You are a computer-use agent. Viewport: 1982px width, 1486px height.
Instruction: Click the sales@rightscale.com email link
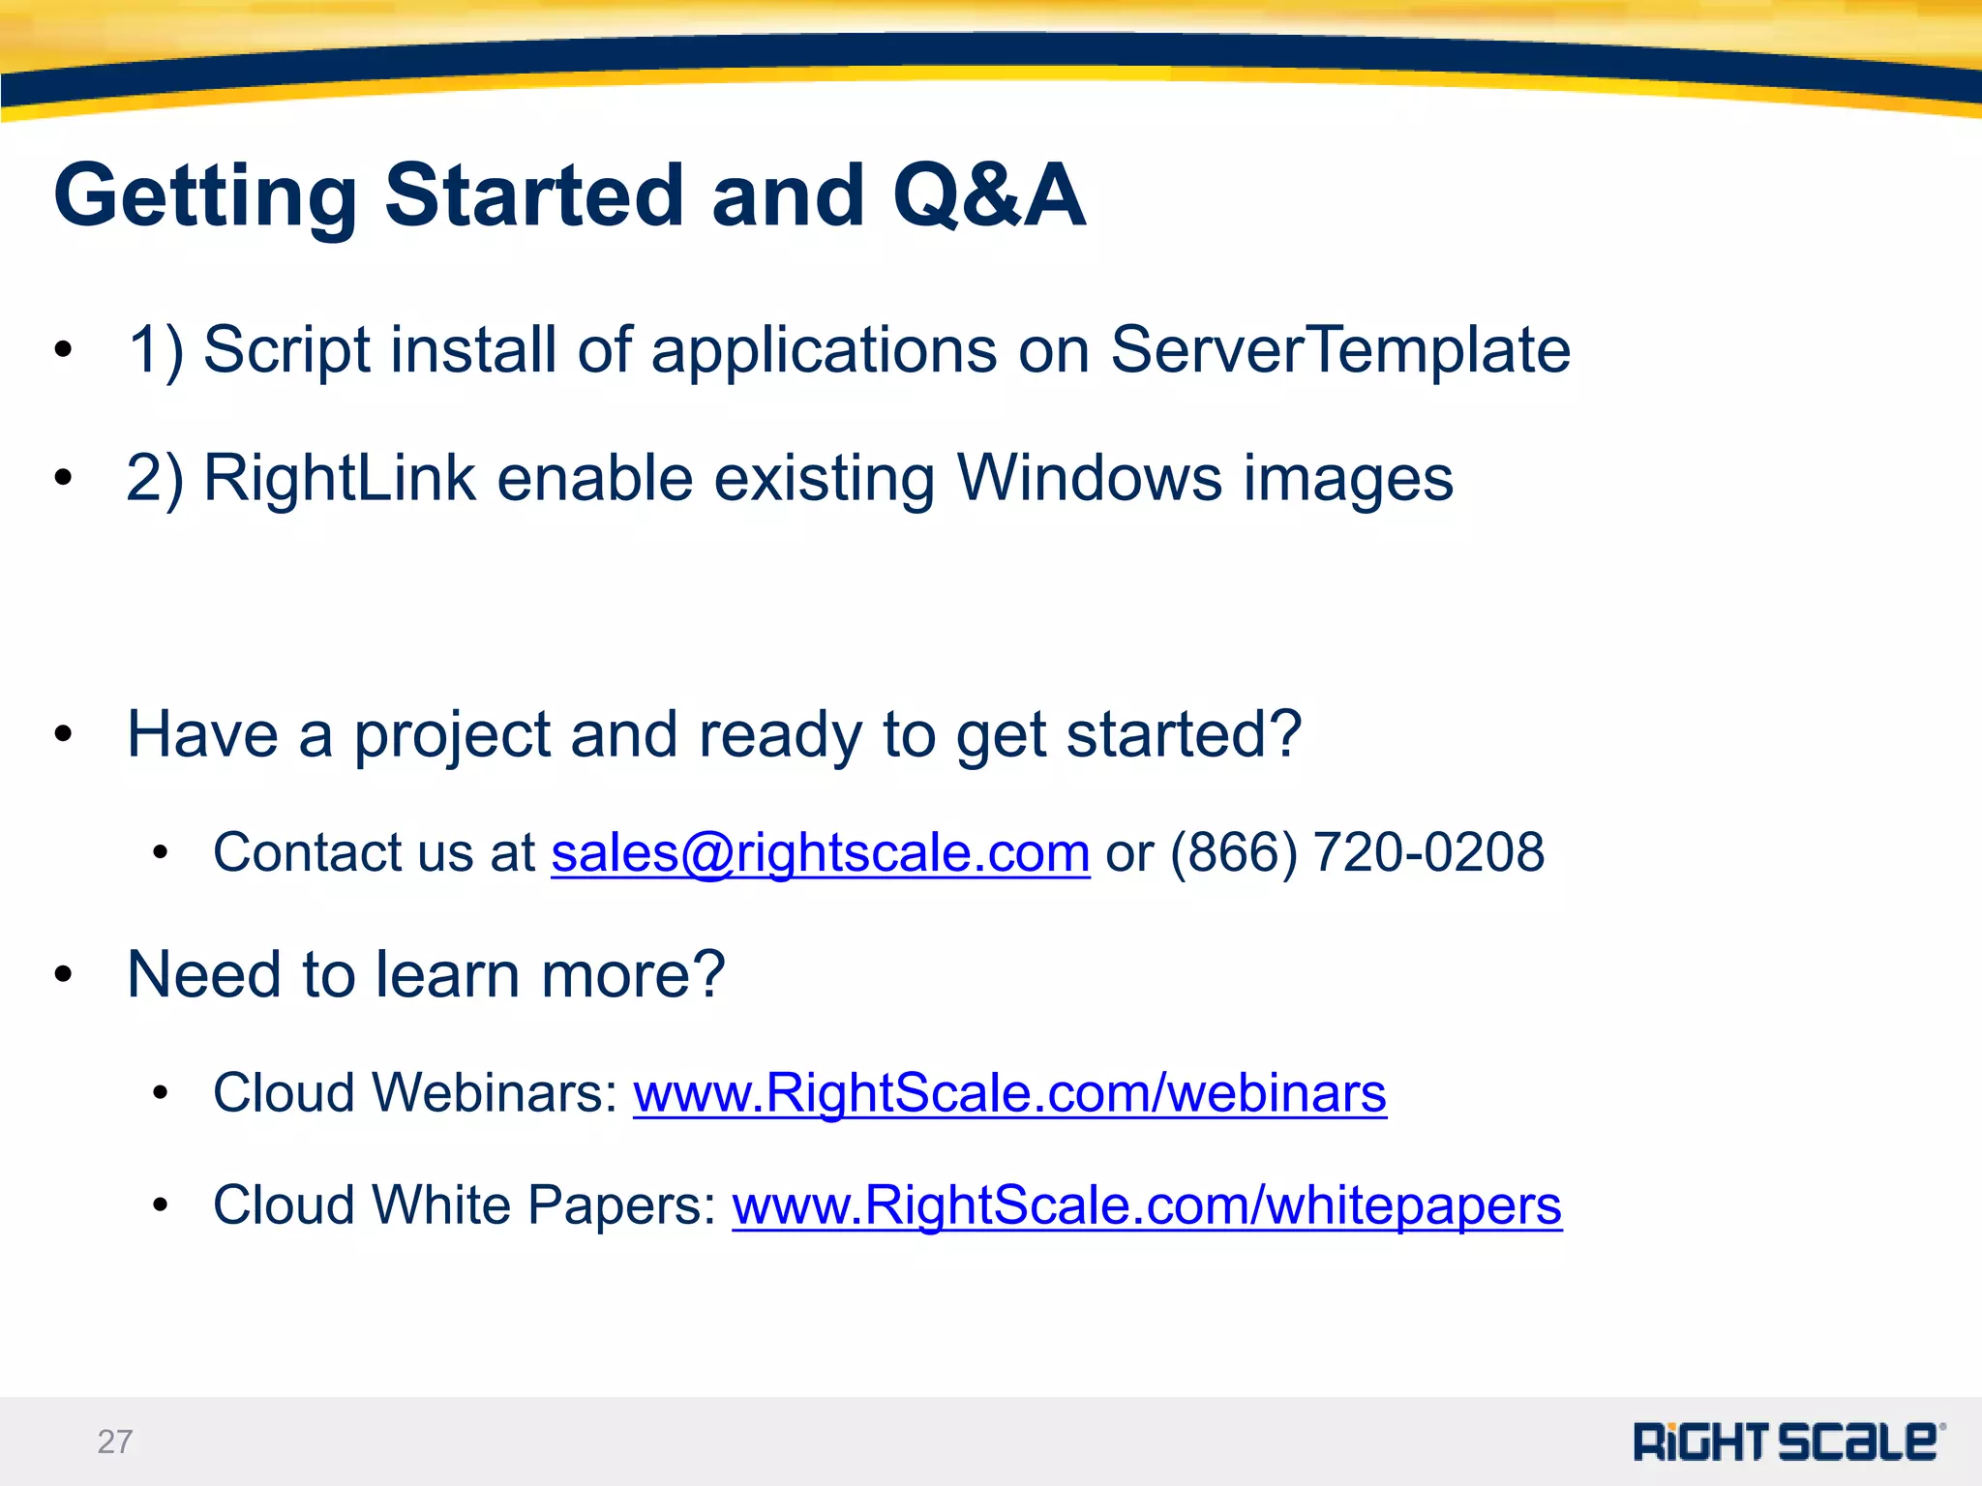(x=820, y=853)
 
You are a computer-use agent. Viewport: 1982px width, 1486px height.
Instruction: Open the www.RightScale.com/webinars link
(x=1009, y=1093)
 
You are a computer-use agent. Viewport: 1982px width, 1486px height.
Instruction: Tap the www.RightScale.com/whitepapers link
(x=1147, y=1205)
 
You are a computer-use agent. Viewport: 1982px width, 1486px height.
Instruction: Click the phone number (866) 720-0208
(x=1357, y=853)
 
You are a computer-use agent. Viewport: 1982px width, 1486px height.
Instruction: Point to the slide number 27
(x=114, y=1441)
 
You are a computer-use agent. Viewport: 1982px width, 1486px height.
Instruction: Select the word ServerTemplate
(x=1339, y=349)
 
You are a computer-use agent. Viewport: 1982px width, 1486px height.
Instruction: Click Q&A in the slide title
(x=988, y=195)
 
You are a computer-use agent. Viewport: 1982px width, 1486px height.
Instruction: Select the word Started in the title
(x=535, y=195)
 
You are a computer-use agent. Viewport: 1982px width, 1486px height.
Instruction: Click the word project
(x=452, y=735)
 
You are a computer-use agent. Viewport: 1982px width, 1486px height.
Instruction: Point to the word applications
(x=824, y=351)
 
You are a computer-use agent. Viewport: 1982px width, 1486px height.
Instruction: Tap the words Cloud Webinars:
(x=415, y=1093)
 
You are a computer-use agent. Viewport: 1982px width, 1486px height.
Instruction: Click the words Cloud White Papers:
(x=465, y=1205)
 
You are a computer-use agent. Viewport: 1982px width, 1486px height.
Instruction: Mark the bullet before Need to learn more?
(x=64, y=975)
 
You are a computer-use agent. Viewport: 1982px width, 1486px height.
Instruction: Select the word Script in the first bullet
(x=286, y=351)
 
